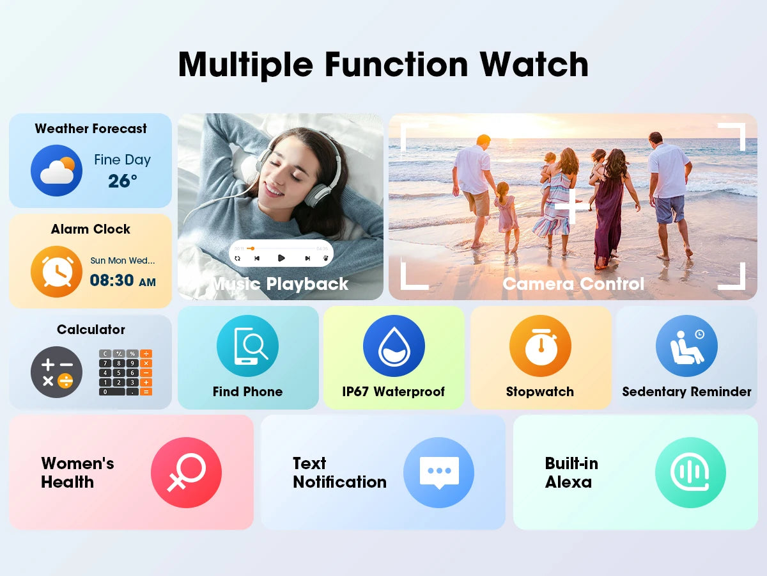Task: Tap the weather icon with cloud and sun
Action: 56,170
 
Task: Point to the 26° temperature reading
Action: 122,181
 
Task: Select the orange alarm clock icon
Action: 56,272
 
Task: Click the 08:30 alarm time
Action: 112,280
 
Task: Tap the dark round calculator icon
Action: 56,372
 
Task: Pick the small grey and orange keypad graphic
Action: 125,372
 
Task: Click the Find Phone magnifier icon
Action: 247,346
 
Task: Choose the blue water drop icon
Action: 394,346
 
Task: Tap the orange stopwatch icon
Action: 540,346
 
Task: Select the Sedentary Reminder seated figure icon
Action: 686,346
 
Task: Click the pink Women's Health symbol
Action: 186,473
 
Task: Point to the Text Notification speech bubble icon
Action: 438,473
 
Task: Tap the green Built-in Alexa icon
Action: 690,473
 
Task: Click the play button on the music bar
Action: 281,258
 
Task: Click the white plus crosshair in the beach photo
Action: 571,207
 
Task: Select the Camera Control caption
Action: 573,284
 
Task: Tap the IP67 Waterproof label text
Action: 393,392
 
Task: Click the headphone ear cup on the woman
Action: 318,191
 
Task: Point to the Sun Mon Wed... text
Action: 123,260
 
